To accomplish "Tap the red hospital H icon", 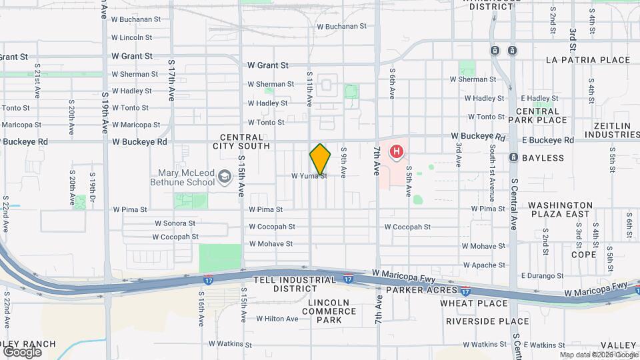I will click(397, 152).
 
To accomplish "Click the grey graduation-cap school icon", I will click(225, 177).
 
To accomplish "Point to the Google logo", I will click(21, 352).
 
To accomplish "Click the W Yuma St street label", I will click(309, 176).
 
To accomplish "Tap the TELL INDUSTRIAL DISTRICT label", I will click(295, 284).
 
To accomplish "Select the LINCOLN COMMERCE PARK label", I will click(333, 311).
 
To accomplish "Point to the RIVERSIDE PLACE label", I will click(487, 321).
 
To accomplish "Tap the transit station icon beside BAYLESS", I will click(513, 158).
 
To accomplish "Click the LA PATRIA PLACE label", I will click(587, 60).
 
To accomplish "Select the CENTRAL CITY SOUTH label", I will click(241, 141).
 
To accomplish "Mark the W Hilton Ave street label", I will click(277, 319).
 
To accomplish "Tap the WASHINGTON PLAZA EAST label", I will click(561, 209).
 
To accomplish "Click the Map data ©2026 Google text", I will click(597, 355).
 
